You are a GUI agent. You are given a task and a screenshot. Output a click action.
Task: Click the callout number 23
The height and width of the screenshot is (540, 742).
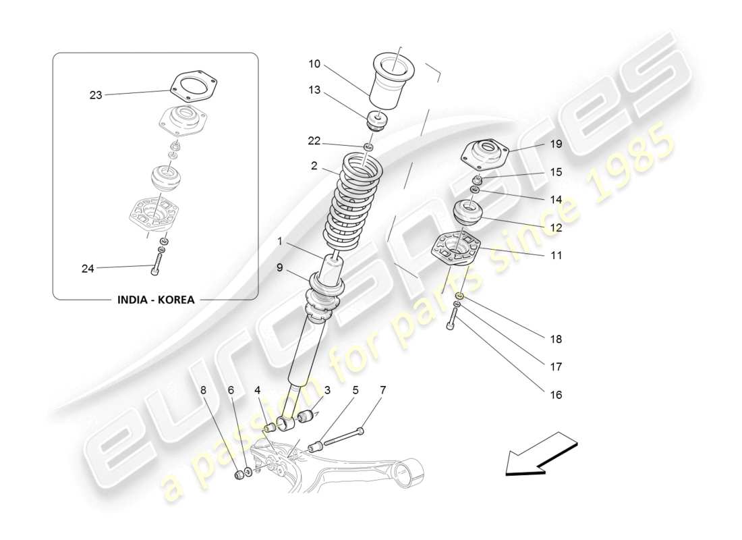coord(96,95)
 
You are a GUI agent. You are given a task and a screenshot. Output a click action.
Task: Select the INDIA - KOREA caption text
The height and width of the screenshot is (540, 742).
coord(155,300)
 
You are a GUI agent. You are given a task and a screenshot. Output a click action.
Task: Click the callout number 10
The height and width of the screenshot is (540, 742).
coord(314,64)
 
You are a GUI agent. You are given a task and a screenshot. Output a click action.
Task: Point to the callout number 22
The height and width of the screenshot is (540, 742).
coord(314,140)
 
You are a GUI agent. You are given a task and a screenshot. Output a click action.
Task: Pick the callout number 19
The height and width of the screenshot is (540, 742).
coord(555,144)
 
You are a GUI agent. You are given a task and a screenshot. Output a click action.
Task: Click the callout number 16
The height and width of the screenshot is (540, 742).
coord(555,395)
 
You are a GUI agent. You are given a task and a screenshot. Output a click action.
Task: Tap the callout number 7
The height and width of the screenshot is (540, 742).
coord(383,390)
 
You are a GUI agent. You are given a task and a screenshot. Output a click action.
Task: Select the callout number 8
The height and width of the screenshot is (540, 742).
coord(203,390)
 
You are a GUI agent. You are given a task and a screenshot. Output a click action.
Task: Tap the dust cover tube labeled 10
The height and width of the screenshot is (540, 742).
coord(385,84)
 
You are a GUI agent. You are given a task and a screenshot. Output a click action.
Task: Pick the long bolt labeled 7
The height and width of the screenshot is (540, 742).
coord(344,437)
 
